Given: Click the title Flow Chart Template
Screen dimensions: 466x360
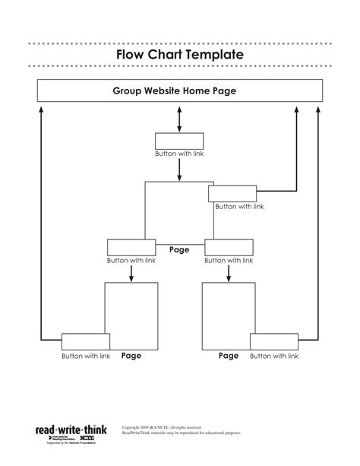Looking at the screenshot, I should [179, 55].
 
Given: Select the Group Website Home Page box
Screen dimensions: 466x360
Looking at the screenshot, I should [179, 90].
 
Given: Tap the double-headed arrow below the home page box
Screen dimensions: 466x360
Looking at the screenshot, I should [179, 118].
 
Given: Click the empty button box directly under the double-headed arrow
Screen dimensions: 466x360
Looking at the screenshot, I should [179, 141].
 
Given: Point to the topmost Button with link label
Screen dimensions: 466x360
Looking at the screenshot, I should [179, 154].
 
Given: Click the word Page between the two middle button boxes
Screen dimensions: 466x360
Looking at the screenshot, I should [179, 249].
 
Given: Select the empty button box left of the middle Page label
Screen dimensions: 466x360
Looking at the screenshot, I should [131, 247].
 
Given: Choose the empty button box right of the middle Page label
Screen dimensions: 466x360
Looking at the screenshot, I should [229, 247].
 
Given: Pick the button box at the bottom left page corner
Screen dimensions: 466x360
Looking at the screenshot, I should [86, 341].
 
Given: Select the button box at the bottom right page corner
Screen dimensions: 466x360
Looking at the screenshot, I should [274, 341].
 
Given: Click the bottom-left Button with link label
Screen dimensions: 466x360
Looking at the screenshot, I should [86, 356].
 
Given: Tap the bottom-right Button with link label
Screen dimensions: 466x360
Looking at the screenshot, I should [274, 356].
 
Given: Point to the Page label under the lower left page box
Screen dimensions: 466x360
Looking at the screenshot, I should [131, 355].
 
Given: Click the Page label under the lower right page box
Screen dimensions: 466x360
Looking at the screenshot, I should [229, 355].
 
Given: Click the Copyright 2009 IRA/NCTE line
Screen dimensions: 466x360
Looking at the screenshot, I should [162, 428].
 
